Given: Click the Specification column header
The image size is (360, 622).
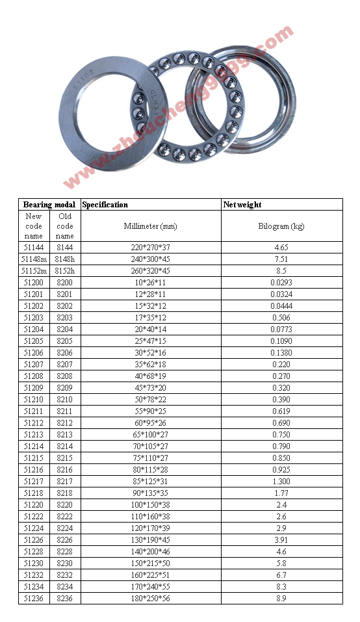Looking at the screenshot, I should tap(105, 205).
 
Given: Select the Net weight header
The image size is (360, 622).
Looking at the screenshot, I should tap(242, 205).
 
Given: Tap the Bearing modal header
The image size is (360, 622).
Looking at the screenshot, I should tap(49, 205).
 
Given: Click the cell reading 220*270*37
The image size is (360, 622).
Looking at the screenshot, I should tap(150, 248).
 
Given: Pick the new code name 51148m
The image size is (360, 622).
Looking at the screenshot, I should tap(34, 259).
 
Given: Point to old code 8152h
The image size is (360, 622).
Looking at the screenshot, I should tap(65, 271).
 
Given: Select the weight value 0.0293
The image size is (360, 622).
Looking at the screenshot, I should tap(281, 283).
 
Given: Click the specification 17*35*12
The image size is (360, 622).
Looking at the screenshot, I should tap(150, 318).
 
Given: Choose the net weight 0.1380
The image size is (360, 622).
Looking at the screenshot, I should tap(281, 353).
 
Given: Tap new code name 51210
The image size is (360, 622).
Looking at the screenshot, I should tap(34, 400).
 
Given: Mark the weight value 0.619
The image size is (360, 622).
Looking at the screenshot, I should tap(281, 411).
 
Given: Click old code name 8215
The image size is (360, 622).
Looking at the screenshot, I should tap(65, 458).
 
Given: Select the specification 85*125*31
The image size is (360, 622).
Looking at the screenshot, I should tap(150, 482).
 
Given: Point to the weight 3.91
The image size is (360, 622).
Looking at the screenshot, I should tap(281, 540).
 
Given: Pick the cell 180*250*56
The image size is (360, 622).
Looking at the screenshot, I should tap(150, 599).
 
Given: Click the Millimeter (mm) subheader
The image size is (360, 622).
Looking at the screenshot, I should tap(150, 226).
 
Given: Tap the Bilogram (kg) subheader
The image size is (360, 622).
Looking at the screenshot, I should tap(281, 226).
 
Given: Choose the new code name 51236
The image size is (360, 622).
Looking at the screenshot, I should tap(34, 599).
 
